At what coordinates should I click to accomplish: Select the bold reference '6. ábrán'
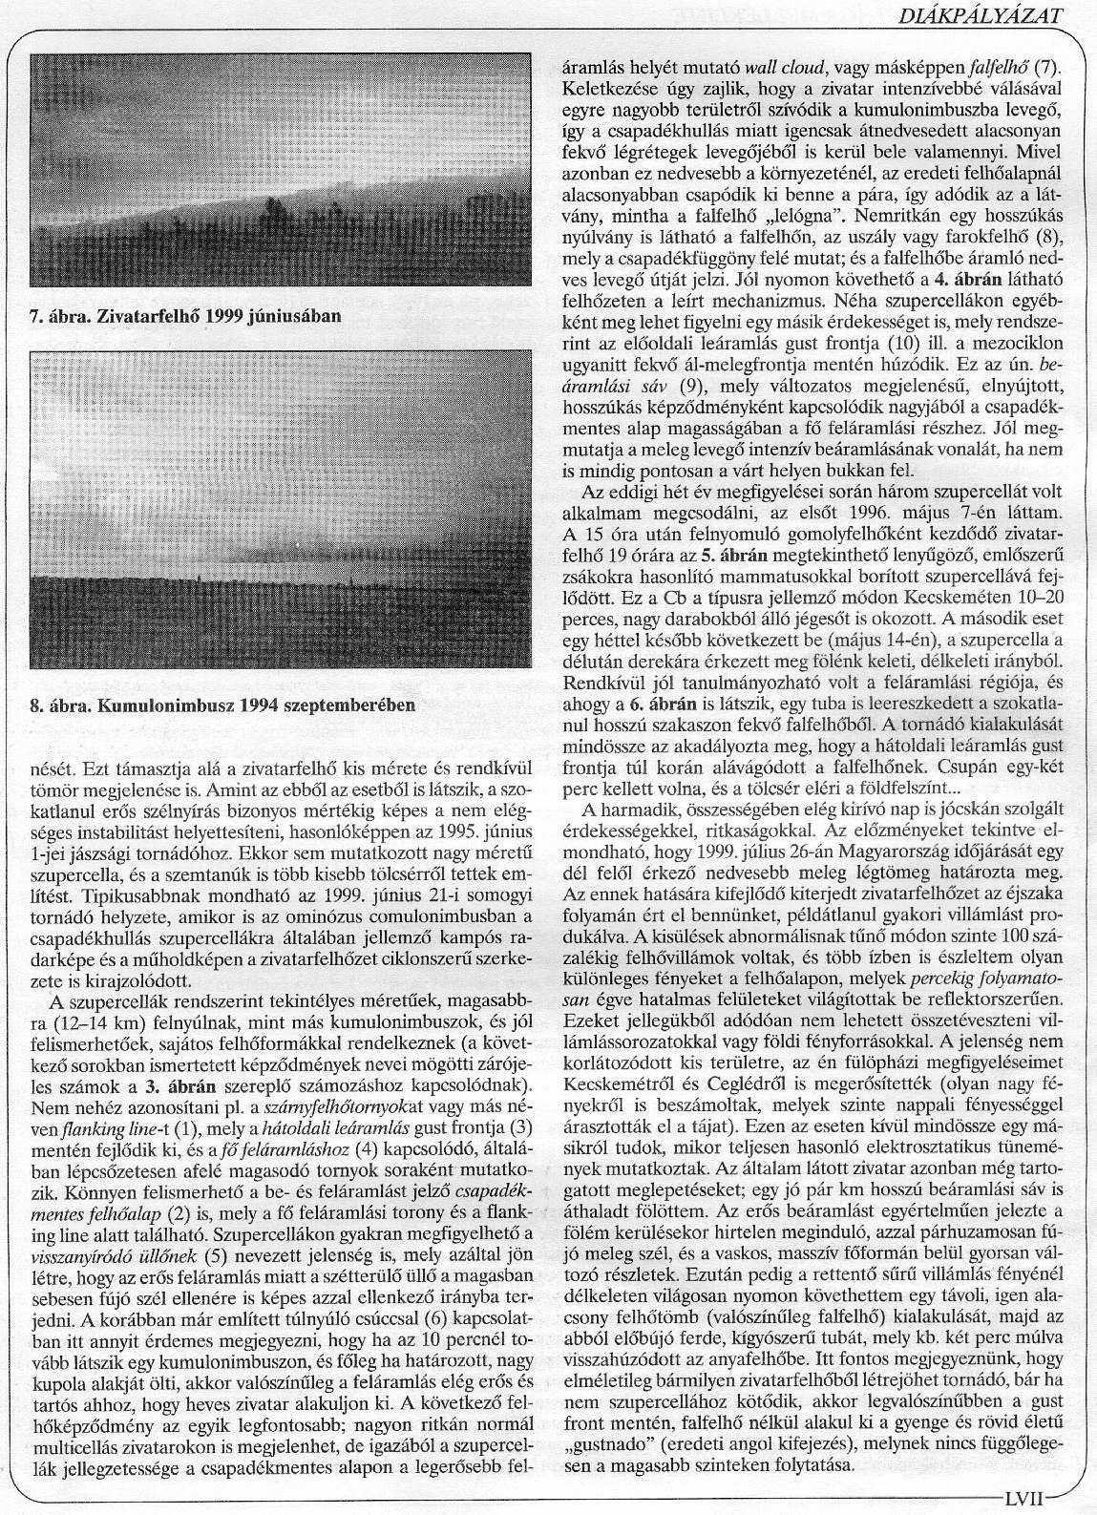[673, 704]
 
